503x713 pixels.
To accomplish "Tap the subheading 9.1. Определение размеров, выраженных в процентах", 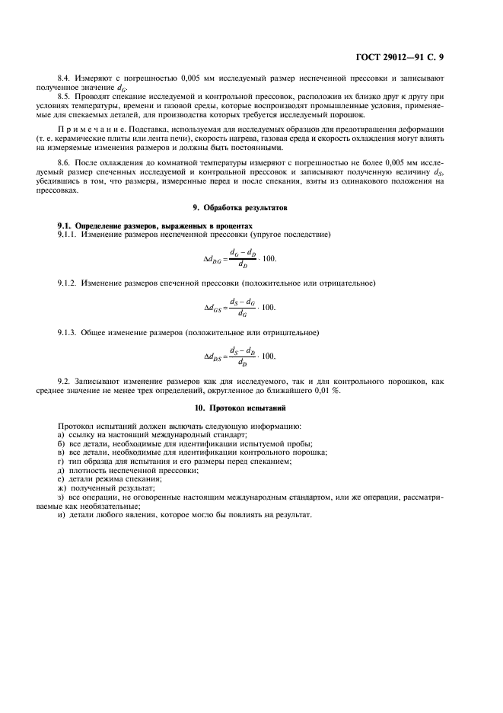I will (x=154, y=226).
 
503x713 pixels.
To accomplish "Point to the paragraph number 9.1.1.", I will (x=68, y=235).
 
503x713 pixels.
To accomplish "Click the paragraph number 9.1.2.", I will (x=68, y=283).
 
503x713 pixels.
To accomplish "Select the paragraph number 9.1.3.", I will (x=68, y=332).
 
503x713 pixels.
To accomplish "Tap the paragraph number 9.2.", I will (x=65, y=381).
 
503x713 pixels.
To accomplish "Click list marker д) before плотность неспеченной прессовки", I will (x=61, y=469).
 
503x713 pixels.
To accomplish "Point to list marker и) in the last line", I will (x=61, y=514).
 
